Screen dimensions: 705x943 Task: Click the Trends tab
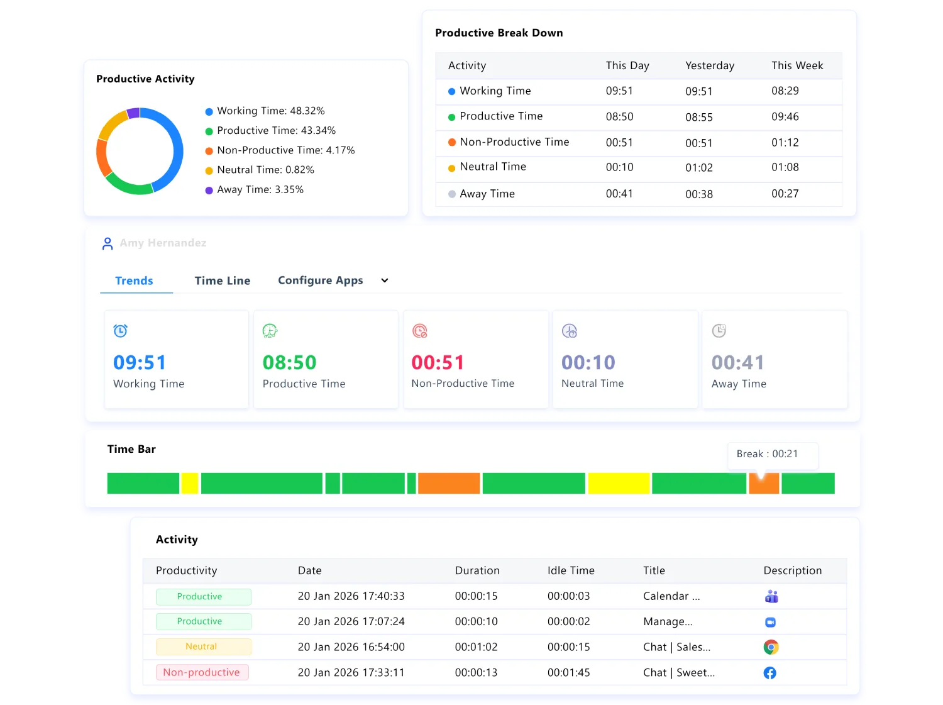(134, 280)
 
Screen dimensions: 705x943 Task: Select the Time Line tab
(222, 280)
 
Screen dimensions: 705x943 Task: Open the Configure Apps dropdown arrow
(385, 280)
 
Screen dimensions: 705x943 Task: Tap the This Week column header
(797, 65)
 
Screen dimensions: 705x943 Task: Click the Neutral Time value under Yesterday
(698, 168)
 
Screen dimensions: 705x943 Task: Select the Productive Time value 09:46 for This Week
(785, 117)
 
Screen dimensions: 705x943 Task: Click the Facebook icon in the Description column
(769, 673)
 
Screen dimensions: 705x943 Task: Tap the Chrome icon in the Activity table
(771, 647)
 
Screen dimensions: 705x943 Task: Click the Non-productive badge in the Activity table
(202, 672)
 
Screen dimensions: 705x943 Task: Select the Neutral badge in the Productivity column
(202, 647)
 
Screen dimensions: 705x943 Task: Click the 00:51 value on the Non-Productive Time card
(438, 362)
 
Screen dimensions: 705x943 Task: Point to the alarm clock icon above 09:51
(120, 331)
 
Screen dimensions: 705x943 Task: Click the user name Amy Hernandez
(163, 243)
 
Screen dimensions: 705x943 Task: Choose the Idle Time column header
(570, 570)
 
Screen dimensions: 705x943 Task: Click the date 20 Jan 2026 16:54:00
(351, 647)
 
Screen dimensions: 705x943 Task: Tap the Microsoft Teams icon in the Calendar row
(771, 596)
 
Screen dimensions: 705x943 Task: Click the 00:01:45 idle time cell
(568, 673)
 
